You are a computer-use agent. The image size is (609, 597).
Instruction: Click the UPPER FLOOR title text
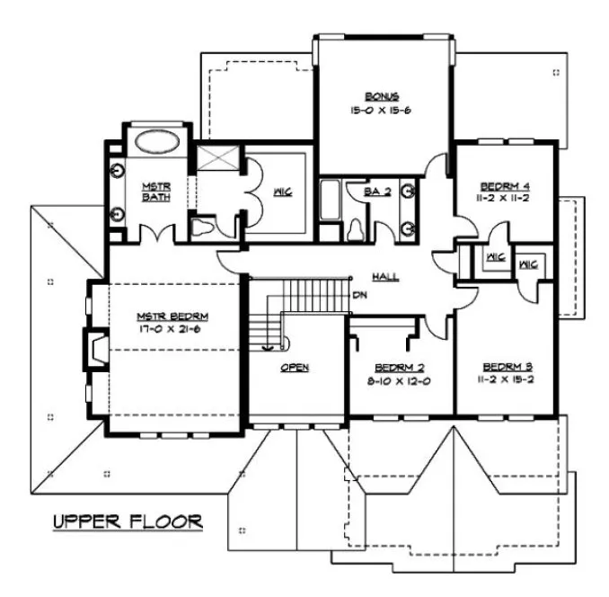point(126,521)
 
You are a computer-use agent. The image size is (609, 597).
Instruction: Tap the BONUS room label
point(382,96)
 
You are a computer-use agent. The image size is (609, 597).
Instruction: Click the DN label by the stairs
point(359,294)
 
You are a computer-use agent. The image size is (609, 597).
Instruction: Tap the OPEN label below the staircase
point(295,368)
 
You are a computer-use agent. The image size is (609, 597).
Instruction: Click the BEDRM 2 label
point(399,367)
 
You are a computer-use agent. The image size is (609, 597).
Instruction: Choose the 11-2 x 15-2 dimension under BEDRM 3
point(507,379)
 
